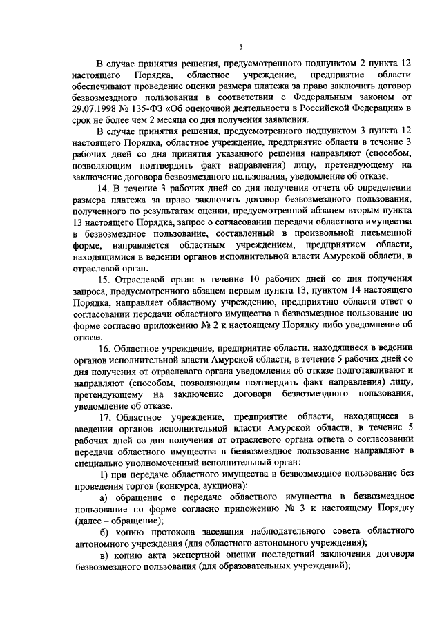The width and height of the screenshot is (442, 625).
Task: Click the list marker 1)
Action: click(104, 474)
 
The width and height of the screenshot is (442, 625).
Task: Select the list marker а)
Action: click(104, 497)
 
